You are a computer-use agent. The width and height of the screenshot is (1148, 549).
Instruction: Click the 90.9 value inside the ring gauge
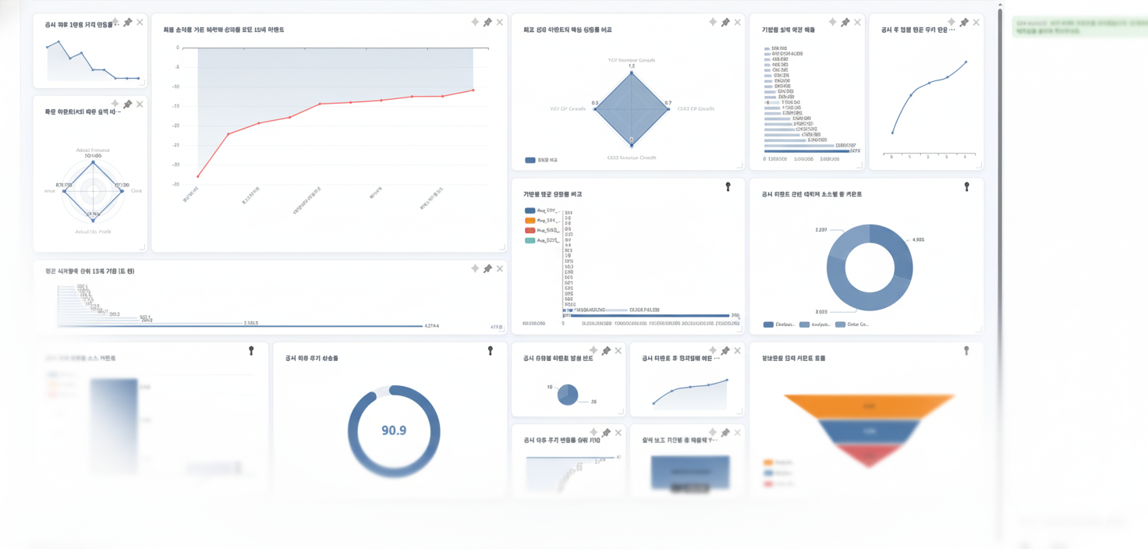[394, 430]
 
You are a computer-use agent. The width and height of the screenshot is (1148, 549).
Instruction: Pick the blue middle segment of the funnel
[869, 431]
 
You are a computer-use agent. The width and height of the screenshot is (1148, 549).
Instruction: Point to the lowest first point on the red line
[198, 176]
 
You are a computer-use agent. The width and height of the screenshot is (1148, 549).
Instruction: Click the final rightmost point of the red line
[473, 90]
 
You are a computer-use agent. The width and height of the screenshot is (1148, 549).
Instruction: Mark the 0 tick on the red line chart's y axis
[178, 48]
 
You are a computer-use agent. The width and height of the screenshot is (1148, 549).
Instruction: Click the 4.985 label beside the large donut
[917, 240]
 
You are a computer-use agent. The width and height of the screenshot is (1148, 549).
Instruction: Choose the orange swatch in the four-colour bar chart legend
[530, 221]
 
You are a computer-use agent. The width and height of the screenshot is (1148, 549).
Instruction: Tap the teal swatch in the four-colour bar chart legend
[530, 241]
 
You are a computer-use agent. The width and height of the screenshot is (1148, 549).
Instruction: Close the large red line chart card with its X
[500, 23]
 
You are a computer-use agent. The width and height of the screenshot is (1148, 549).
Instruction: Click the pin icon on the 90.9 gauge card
[491, 351]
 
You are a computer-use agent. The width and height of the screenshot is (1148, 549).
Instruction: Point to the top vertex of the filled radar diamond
[632, 73]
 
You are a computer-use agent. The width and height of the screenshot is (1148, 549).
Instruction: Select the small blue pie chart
[568, 395]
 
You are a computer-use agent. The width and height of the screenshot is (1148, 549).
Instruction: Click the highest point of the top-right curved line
[966, 62]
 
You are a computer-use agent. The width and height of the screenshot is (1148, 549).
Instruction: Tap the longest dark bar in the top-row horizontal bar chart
[806, 151]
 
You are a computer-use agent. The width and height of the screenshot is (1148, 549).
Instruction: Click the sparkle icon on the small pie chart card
[593, 351]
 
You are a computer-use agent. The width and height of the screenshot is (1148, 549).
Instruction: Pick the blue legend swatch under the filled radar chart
[530, 161]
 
